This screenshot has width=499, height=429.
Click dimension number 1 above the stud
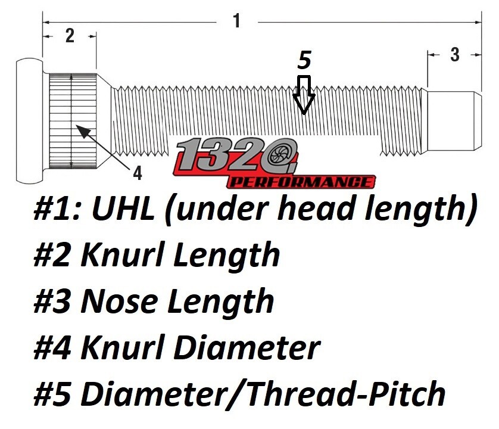pos(236,21)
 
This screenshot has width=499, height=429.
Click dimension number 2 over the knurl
pos(69,36)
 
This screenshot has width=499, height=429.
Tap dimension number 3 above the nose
pos(454,55)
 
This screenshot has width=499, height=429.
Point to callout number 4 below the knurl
pos(138,173)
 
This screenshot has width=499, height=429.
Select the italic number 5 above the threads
pos(304,60)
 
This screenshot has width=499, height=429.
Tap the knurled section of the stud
pos(71,119)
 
